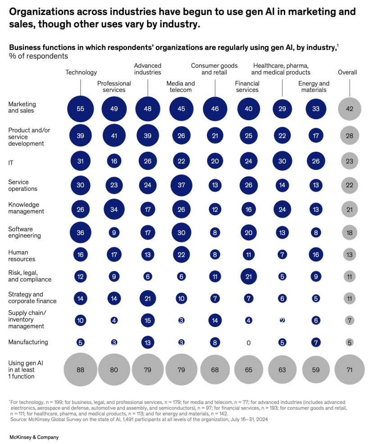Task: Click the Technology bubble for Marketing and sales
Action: [80, 109]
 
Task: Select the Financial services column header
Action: [247, 86]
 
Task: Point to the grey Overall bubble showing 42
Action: [349, 109]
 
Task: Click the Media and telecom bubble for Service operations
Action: [181, 185]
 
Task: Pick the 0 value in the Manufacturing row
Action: [248, 343]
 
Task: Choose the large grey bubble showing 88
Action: [80, 370]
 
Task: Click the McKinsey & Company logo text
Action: [34, 437]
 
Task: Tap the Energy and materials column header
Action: [314, 86]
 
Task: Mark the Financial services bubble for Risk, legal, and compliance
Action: [248, 276]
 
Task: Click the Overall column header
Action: [347, 72]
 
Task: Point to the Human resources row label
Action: [22, 256]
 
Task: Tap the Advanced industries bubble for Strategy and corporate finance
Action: [148, 298]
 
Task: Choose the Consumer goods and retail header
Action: [214, 69]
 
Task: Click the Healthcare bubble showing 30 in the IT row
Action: [282, 160]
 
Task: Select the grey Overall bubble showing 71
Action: [349, 370]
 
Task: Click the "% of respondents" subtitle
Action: [38, 56]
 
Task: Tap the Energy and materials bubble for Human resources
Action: [315, 254]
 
